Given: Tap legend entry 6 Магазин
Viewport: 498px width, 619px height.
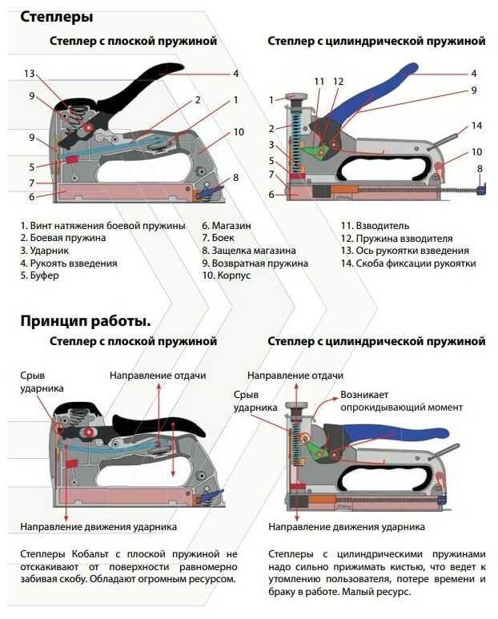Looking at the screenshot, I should pyautogui.click(x=224, y=226).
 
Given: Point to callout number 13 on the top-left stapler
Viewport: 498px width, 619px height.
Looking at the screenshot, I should pyautogui.click(x=30, y=74).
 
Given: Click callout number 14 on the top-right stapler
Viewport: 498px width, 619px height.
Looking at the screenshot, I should pyautogui.click(x=476, y=126).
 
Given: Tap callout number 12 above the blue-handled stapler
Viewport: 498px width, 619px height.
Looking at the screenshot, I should pyautogui.click(x=338, y=81).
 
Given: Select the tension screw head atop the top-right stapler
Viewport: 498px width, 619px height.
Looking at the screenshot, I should pyautogui.click(x=299, y=100).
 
